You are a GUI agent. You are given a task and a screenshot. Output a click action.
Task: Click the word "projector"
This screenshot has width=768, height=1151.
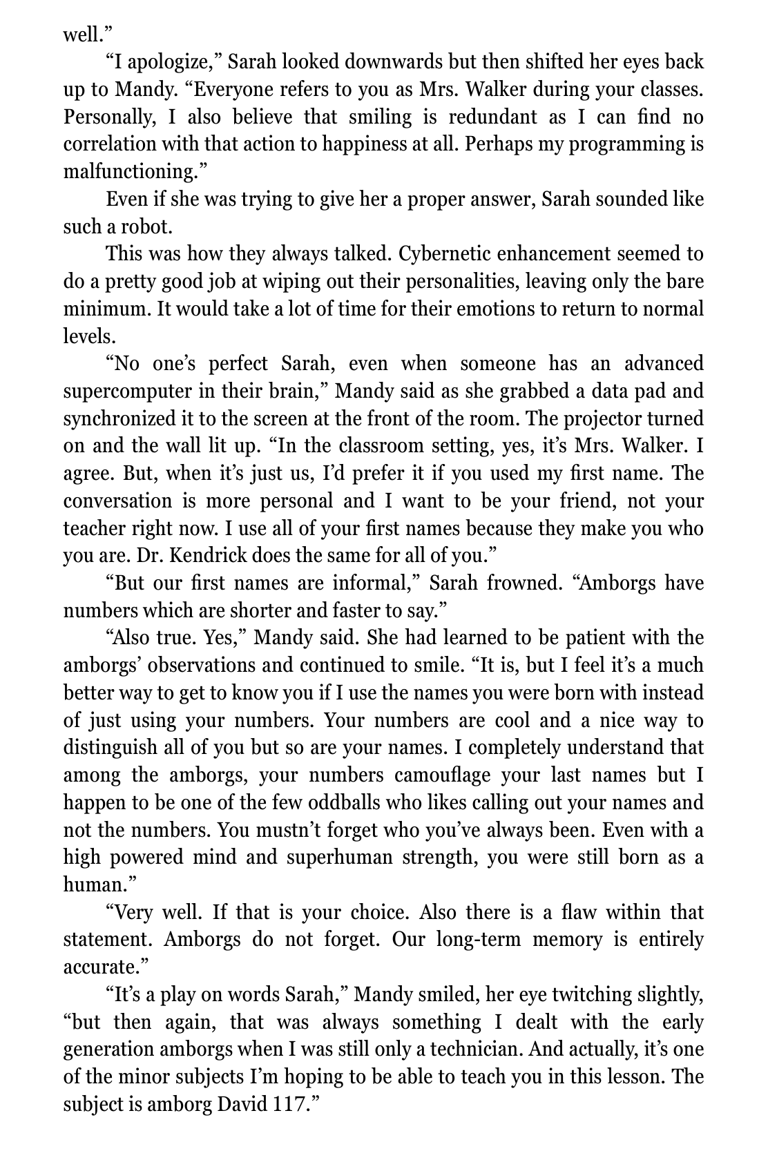pos(588,419)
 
